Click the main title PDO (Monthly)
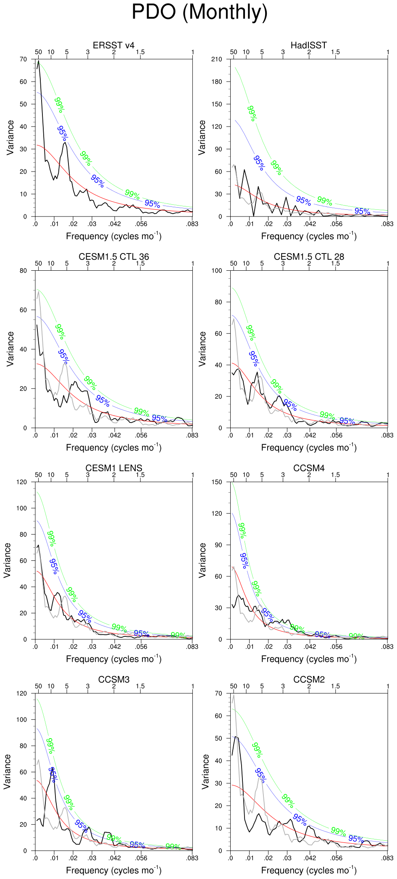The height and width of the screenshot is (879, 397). click(200, 12)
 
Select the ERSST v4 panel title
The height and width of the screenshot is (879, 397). click(113, 45)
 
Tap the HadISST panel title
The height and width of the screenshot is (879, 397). click(308, 45)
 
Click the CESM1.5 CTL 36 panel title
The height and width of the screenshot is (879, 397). click(113, 257)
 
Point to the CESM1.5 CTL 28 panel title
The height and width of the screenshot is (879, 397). click(309, 257)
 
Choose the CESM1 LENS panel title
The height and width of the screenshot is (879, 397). click(113, 468)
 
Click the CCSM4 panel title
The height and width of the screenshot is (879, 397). click(309, 468)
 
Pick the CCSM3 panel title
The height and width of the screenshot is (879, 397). click(113, 680)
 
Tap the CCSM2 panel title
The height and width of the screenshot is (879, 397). click(309, 680)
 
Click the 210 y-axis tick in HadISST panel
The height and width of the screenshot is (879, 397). click(217, 59)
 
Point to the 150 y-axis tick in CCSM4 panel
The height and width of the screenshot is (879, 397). click(217, 482)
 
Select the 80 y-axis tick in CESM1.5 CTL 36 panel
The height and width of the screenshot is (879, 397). click(23, 271)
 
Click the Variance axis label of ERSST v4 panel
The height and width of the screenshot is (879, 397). click(10, 137)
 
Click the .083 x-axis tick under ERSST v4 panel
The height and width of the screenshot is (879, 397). click(192, 224)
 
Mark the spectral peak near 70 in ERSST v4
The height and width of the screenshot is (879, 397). click(39, 61)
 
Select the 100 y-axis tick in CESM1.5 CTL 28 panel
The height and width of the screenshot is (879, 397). click(217, 271)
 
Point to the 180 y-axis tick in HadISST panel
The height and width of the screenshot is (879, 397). click(217, 82)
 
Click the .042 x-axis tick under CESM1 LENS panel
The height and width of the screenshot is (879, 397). click(115, 647)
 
